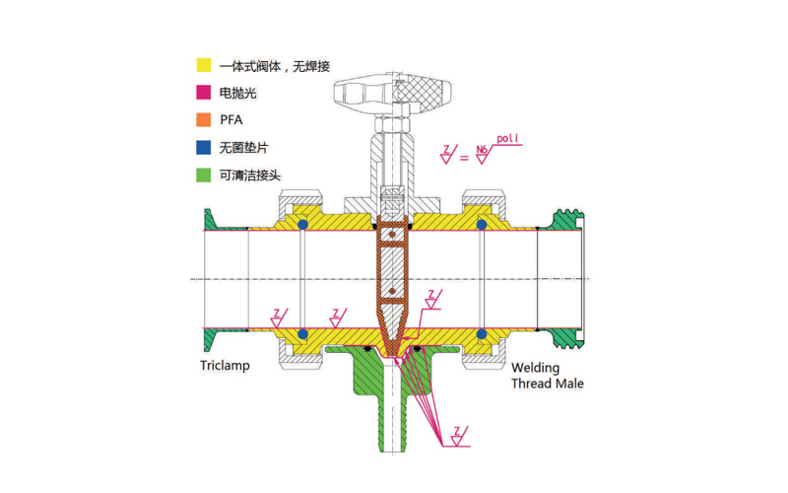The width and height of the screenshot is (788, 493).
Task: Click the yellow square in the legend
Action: [x=204, y=65]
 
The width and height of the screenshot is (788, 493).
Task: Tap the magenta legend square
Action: [x=204, y=93]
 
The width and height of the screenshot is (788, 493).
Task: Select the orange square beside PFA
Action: [x=204, y=120]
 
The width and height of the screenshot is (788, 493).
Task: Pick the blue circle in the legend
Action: [x=204, y=148]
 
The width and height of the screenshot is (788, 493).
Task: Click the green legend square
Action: [x=204, y=176]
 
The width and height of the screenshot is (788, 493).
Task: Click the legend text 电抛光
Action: [x=238, y=93]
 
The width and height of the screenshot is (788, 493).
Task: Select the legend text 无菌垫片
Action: [x=245, y=148]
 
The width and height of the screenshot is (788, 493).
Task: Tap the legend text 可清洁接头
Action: [x=252, y=176]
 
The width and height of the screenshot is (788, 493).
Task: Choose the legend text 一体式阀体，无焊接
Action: [x=275, y=65]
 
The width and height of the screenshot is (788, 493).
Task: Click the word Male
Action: [x=569, y=383]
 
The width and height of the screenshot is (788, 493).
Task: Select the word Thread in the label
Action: [x=530, y=383]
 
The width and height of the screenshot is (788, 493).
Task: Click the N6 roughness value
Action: [x=482, y=151]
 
